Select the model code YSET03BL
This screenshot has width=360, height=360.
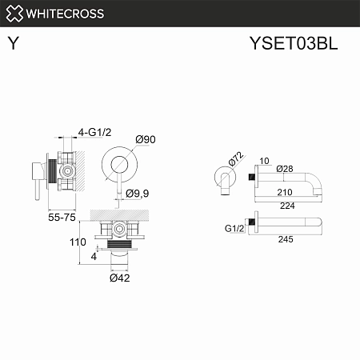294,44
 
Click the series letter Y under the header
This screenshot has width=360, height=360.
14,45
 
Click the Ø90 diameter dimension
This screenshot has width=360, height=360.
145,140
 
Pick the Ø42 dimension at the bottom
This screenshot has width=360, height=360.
119,278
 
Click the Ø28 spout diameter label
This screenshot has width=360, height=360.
284,169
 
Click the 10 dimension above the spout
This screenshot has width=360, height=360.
266,162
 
